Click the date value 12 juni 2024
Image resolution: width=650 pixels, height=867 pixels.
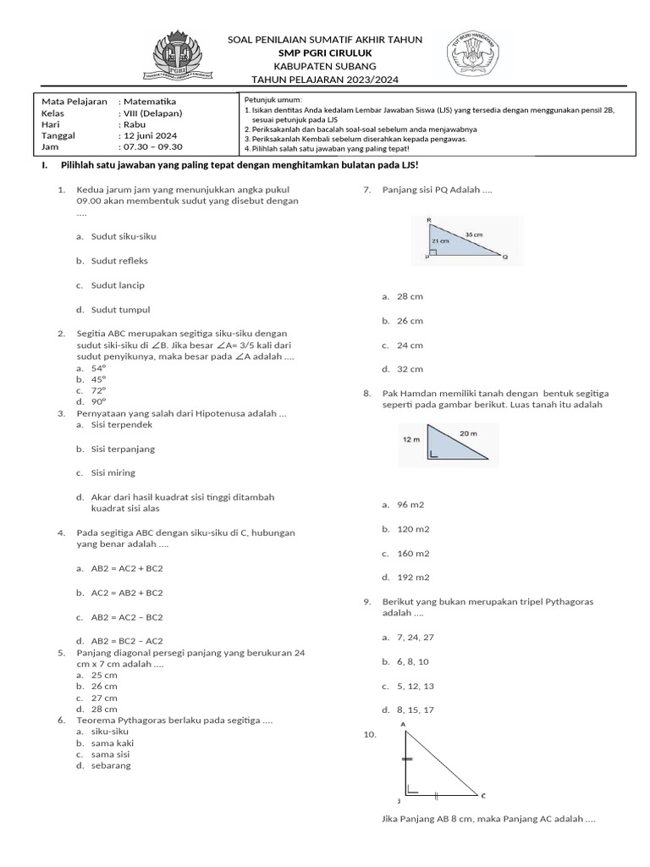click(150, 135)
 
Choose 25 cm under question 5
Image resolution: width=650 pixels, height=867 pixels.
click(104, 675)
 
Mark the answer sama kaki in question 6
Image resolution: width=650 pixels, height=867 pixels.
click(113, 743)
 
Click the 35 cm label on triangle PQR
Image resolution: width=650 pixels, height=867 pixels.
click(474, 234)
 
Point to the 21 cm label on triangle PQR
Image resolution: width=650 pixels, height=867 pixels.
click(441, 240)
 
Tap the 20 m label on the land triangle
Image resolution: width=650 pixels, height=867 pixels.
click(468, 433)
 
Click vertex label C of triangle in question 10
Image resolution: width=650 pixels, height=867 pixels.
click(483, 795)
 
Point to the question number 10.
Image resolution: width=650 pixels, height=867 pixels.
click(368, 735)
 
